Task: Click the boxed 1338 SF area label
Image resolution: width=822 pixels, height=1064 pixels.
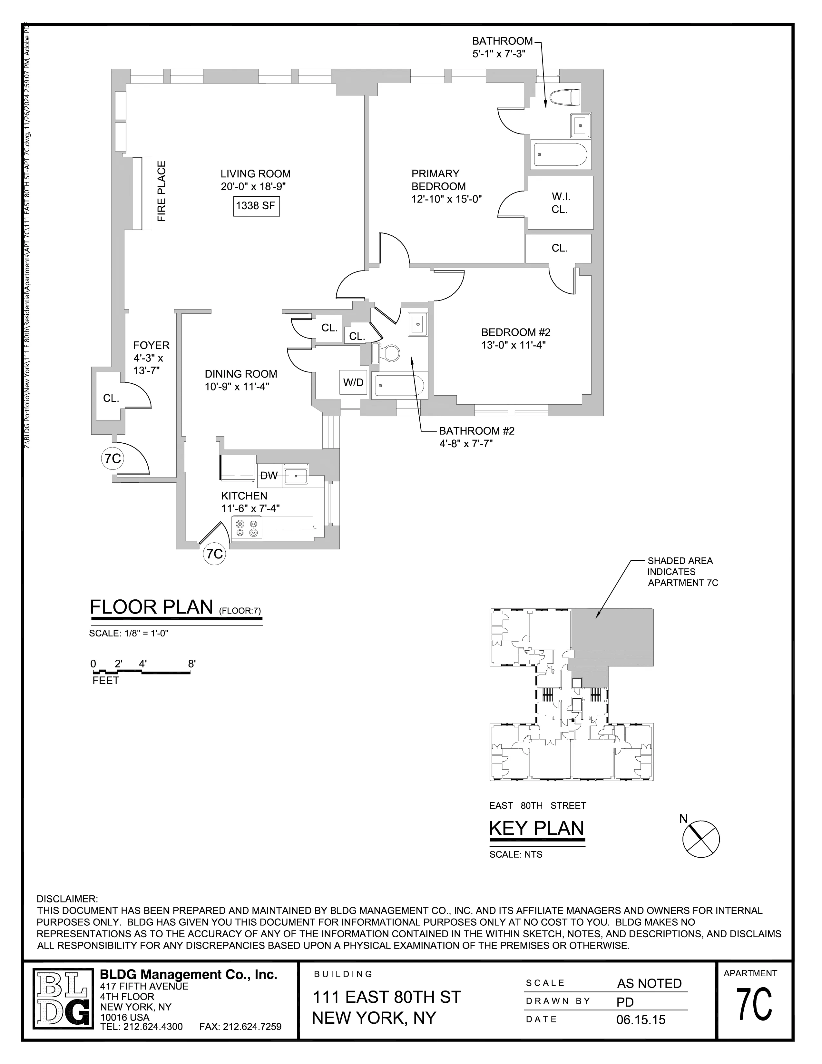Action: (256, 206)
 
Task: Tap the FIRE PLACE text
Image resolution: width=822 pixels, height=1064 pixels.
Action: (162, 192)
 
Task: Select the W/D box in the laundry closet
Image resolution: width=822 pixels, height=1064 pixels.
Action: (353, 382)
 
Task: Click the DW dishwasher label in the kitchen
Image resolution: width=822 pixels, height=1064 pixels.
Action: (269, 476)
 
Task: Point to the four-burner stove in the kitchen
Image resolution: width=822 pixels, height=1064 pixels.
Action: (246, 528)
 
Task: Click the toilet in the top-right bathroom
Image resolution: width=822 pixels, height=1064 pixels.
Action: (564, 97)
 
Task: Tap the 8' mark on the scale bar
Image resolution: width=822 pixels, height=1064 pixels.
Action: (191, 664)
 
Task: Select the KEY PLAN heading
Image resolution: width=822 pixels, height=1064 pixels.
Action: (536, 828)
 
